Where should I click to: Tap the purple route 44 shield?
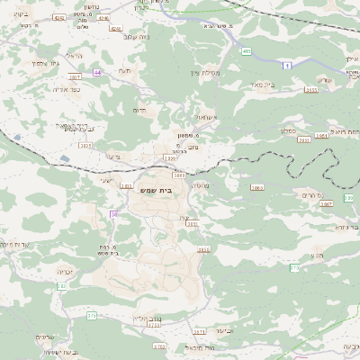click(96, 71)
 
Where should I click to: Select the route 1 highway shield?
click(287, 66)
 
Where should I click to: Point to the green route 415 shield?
click(246, 52)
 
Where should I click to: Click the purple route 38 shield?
click(114, 213)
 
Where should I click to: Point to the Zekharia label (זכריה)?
click(64, 270)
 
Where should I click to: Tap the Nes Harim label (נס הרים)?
click(308, 193)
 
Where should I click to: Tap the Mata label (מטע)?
click(316, 256)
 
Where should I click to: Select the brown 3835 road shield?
click(203, 249)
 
